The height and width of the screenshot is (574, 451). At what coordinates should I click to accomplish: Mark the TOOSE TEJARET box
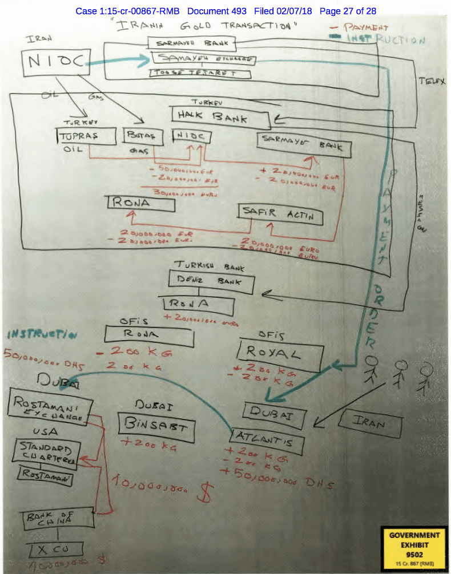[194, 74]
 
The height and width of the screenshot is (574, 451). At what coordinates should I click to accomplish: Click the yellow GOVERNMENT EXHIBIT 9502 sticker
[414, 547]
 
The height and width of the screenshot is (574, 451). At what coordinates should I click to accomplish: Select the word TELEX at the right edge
[432, 82]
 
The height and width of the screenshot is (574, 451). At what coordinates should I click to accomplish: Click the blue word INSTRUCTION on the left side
[43, 335]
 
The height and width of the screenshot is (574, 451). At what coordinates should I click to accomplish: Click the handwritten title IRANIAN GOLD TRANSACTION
[206, 26]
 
